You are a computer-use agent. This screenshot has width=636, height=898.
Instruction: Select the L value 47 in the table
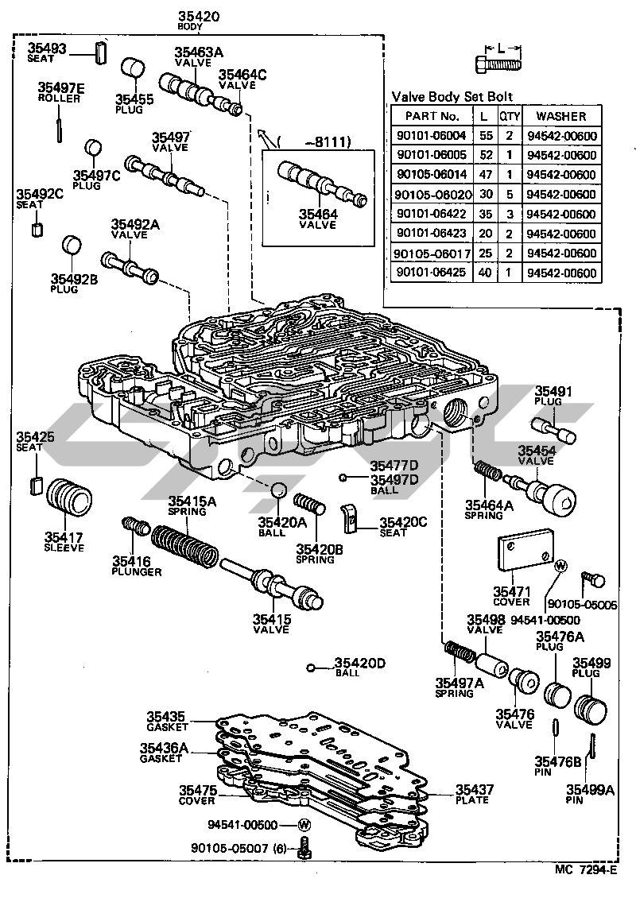[486, 175]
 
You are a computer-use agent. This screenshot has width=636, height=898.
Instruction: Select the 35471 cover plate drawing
[525, 551]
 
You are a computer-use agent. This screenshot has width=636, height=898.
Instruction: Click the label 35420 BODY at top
[198, 19]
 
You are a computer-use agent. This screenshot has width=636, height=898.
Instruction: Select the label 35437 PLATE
[475, 795]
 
